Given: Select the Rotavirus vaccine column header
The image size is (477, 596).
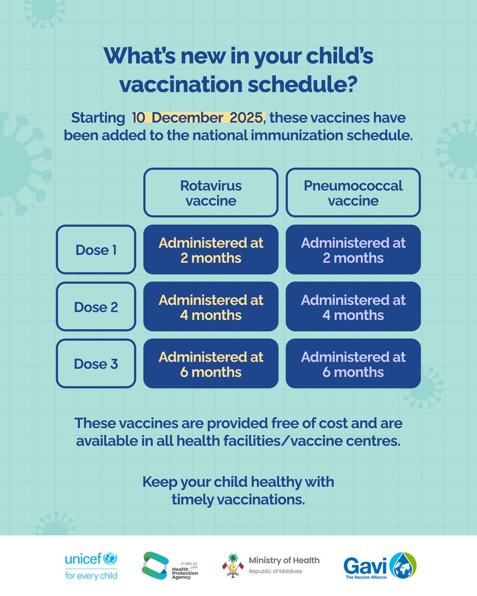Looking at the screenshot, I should (211, 193).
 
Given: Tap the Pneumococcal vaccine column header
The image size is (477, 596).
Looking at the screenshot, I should (353, 193).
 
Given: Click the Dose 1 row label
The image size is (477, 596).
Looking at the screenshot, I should (95, 250).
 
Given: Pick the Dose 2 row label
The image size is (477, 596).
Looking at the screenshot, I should (95, 307).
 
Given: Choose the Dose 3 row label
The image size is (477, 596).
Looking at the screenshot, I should (95, 364).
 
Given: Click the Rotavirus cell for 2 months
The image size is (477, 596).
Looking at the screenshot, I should (211, 250).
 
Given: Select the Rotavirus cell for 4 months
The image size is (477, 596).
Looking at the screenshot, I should (211, 307).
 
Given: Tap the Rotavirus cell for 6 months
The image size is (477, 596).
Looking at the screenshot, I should (211, 364).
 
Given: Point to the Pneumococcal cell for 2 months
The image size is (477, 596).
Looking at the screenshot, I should (353, 250).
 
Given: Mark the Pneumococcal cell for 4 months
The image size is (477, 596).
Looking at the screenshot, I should (353, 307).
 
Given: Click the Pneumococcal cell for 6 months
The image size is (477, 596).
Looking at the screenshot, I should (353, 364).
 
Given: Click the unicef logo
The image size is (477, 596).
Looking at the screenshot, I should (91, 566).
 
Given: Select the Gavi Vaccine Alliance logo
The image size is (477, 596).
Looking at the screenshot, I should (380, 566).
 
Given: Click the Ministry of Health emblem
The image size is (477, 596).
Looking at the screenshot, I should (233, 566).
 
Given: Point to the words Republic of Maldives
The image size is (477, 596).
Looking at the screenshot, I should (275, 571).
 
